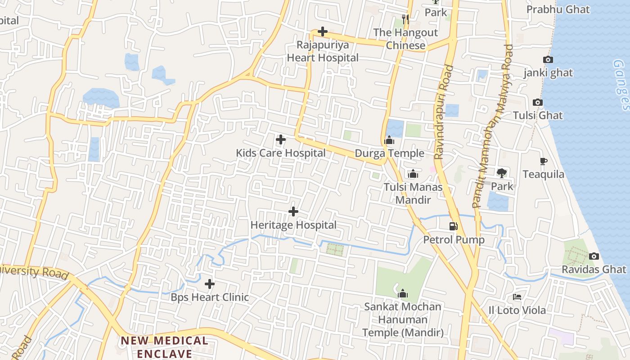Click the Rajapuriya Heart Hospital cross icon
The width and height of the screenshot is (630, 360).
tap(322, 31)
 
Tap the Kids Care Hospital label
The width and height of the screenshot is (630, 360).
tap(280, 153)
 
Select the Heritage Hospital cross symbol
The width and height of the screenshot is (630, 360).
tap(293, 211)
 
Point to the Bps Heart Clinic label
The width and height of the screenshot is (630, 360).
tap(209, 297)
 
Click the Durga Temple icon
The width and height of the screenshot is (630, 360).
tap(389, 140)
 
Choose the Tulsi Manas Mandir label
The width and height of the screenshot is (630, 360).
tap(413, 193)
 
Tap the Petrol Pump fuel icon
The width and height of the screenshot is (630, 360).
tap(454, 226)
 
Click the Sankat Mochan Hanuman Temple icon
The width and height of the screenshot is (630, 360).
tap(403, 294)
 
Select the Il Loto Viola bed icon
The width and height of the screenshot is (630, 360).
tap(517, 297)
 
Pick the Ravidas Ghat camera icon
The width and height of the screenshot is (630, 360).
tap(594, 256)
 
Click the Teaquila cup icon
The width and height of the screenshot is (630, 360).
tap(543, 161)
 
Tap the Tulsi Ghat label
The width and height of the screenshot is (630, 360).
tap(538, 115)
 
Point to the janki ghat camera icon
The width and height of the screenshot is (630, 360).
tap(548, 59)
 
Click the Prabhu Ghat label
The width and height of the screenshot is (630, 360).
tap(558, 9)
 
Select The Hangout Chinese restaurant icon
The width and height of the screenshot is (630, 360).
tap(405, 19)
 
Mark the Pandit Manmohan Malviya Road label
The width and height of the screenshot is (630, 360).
tap(493, 126)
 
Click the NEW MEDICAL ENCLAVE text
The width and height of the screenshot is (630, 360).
tap(164, 347)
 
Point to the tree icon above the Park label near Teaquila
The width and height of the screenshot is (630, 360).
tap(501, 173)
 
